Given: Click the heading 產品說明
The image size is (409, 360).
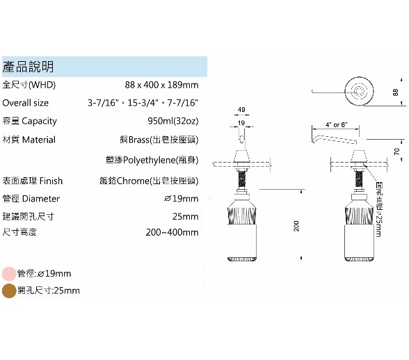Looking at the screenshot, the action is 28,67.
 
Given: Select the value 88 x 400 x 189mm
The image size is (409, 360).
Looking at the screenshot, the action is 161,85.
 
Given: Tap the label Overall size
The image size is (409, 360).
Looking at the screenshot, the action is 26,103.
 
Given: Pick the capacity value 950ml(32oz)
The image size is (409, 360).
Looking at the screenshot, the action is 173,121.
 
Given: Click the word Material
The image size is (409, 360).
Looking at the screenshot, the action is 39,140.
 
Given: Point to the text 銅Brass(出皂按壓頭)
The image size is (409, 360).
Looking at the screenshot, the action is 159,140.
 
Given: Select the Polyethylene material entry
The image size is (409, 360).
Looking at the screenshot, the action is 152,160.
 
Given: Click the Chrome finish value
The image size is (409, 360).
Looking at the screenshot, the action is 149,181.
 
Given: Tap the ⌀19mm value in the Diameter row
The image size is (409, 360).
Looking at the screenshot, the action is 181,199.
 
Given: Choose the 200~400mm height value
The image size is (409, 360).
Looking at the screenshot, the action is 173,232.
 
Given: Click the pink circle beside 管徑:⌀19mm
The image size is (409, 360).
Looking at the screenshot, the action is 9,274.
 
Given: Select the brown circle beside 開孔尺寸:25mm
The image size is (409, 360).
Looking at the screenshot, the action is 9,291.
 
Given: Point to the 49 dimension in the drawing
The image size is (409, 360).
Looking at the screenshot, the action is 241,110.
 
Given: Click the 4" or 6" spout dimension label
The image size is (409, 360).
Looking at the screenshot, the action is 337,125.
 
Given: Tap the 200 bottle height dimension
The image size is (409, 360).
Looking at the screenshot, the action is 296,226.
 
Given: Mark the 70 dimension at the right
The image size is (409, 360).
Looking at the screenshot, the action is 396,152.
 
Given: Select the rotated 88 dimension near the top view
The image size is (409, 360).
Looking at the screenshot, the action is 395,92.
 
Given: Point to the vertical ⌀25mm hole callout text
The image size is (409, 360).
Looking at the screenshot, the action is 379,209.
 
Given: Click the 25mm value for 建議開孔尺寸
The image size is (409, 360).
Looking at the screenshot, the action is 185,216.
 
